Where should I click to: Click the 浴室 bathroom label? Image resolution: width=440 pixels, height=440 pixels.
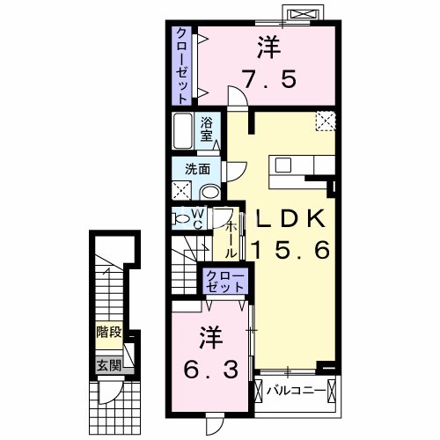[207, 129]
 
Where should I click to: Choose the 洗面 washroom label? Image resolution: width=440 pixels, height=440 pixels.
[196, 169]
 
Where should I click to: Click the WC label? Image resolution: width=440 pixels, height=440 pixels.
[199, 217]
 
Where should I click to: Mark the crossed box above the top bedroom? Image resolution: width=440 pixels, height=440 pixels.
[304, 14]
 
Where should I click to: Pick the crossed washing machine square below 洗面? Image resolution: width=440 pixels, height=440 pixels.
[181, 189]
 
